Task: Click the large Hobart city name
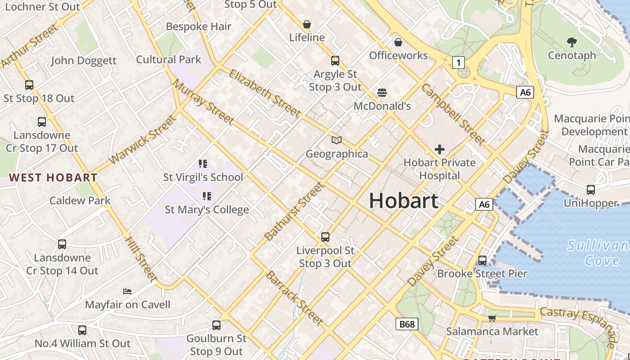click(x=404, y=201)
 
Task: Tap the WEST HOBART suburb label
click(x=53, y=178)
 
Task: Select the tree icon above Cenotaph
click(x=572, y=42)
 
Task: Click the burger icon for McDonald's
click(x=382, y=93)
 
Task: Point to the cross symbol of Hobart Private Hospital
click(x=440, y=149)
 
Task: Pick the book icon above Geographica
click(x=337, y=140)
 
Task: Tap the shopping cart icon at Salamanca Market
click(x=492, y=318)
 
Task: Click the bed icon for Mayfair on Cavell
click(x=127, y=292)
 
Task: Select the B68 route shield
click(x=407, y=324)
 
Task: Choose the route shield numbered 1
click(x=458, y=63)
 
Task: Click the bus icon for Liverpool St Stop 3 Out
click(x=325, y=237)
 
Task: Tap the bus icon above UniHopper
click(x=590, y=190)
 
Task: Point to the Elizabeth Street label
click(x=265, y=93)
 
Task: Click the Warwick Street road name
click(x=142, y=140)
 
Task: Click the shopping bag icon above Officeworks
click(x=398, y=42)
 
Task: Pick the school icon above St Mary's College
click(x=207, y=196)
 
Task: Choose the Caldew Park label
click(x=80, y=200)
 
